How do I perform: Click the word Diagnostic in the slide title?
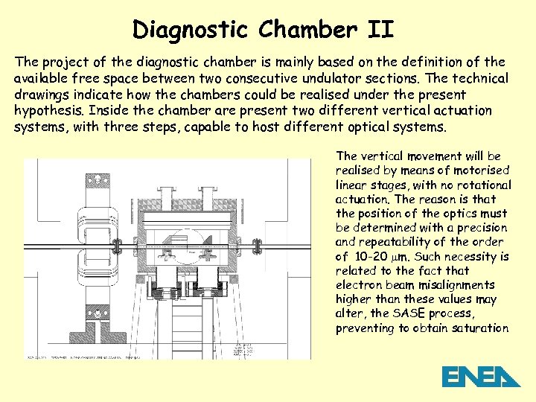pyautogui.click(x=190, y=30)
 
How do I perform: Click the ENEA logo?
pyautogui.click(x=480, y=377)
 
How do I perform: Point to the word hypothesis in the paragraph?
pyautogui.click(x=48, y=111)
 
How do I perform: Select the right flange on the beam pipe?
pyautogui.click(x=258, y=246)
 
